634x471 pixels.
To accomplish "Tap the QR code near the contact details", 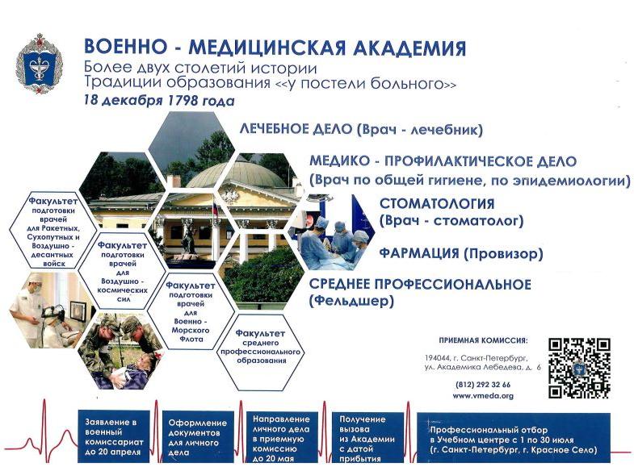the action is [579, 368].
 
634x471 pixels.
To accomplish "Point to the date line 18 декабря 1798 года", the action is [159, 100].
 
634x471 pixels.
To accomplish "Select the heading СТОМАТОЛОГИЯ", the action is [437, 203].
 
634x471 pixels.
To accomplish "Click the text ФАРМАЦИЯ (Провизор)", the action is [461, 253].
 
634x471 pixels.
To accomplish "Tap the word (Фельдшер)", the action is [351, 301].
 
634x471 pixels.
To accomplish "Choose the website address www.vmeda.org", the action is [483, 396].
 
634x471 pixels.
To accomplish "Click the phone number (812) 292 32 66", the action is [483, 385].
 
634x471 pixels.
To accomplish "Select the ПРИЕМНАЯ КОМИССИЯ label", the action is [483, 340].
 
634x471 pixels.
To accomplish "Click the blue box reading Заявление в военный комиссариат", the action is [114, 436].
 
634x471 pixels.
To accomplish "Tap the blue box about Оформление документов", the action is [198, 437].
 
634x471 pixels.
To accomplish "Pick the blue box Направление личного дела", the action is [282, 437].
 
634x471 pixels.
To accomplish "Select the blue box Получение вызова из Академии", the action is [367, 437].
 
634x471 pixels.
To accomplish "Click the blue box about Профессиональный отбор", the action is [514, 438].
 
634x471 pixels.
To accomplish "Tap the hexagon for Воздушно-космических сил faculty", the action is [123, 271].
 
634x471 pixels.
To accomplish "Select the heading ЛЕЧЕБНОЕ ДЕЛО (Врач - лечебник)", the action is [361, 129].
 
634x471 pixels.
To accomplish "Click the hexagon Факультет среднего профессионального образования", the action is [260, 352].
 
